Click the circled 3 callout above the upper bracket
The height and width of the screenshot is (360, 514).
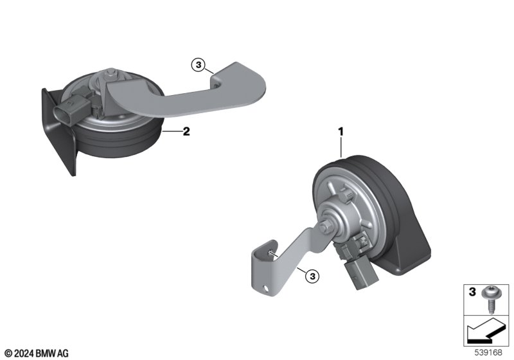199,65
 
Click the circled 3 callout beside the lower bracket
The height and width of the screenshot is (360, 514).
312,276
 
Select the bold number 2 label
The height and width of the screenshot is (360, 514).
186,132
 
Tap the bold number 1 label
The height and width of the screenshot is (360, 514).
341,132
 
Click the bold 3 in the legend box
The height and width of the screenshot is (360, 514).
472,291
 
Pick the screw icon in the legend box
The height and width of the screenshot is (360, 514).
490,300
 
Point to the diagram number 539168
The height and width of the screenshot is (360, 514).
488,353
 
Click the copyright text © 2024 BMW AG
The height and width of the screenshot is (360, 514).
37,354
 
